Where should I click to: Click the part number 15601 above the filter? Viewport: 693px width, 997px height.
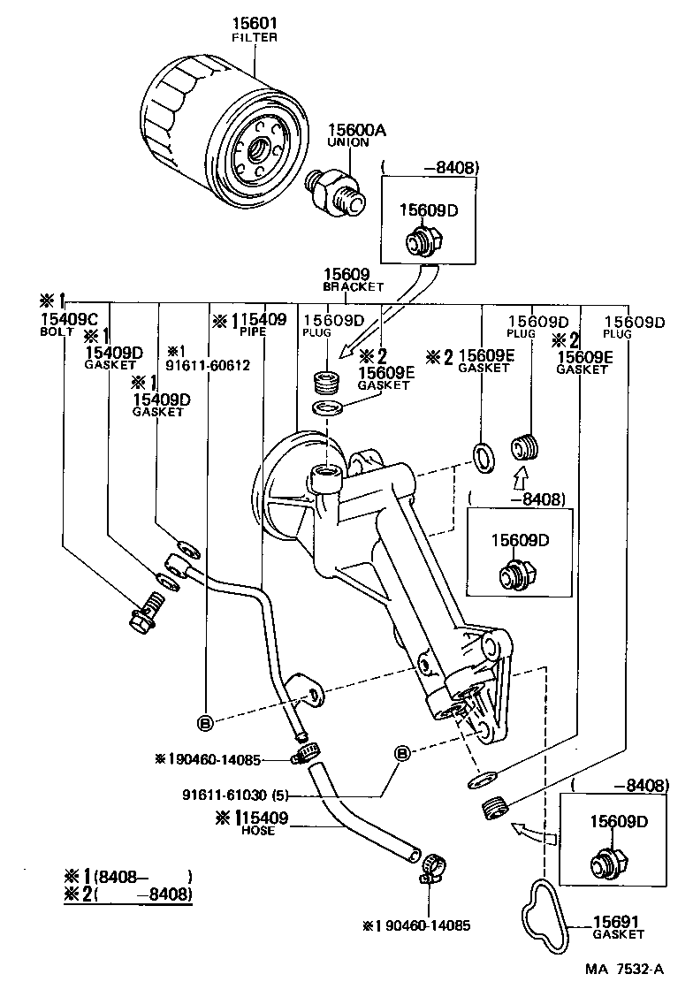[254, 23]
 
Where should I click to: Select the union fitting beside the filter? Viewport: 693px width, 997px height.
[336, 192]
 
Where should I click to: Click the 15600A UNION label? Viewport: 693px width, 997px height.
[357, 135]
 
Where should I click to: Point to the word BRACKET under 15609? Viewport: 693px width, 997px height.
[353, 286]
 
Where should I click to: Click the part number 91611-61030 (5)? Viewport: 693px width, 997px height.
[235, 795]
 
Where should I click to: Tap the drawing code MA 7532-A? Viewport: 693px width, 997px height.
[624, 969]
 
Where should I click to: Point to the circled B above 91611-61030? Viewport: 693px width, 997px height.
[402, 753]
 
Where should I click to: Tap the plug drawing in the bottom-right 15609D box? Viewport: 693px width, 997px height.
[610, 863]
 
